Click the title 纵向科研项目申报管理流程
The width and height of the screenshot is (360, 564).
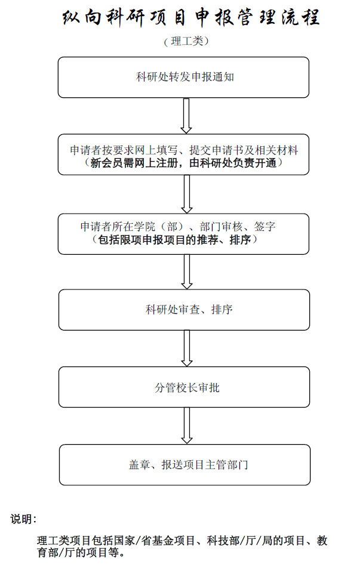pos(191,17)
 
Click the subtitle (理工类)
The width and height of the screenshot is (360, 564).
pos(186,41)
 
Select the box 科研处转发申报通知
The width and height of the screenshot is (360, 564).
pos(183,78)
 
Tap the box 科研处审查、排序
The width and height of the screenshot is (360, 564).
pos(184,310)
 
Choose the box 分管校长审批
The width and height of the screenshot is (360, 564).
pos(184,387)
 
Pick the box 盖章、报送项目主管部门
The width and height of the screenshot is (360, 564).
pos(184,465)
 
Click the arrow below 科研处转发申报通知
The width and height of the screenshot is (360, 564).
pos(186,116)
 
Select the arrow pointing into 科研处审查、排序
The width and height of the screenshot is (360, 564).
pos(187,272)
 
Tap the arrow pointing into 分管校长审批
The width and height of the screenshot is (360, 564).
pos(187,348)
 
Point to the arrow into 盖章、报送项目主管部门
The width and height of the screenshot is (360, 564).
pos(187,426)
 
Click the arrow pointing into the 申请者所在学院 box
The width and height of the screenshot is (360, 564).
pos(187,194)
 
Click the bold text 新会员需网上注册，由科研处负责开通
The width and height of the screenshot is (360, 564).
pos(183,163)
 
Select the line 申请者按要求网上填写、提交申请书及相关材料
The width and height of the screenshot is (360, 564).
pos(184,150)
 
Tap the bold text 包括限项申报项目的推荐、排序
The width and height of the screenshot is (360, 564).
pos(174,239)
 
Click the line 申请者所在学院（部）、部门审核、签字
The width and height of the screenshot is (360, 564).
pos(178,227)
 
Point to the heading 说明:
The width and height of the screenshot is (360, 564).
pos(23,519)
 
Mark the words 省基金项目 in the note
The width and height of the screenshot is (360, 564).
pos(168,540)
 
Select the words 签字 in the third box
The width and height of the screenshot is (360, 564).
pos(264,227)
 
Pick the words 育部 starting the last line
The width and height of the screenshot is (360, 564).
pos(48,552)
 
